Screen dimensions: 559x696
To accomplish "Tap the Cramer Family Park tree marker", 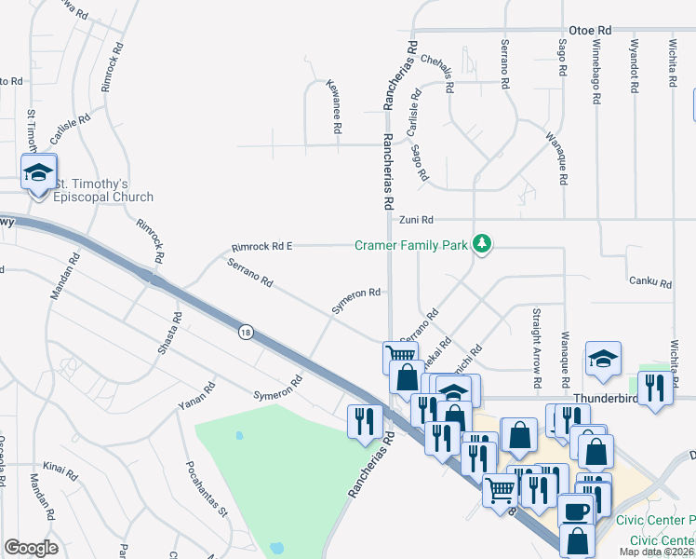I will tap(481, 244).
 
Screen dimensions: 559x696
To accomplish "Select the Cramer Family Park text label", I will tap(409, 246).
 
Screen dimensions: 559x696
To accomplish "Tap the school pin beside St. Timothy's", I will tap(39, 173).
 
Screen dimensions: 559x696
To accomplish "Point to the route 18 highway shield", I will tap(246, 333).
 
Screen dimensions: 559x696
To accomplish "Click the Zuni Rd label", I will tap(416, 220).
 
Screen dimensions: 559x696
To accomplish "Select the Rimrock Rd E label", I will tap(261, 247).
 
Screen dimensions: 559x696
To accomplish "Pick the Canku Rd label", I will tap(649, 281).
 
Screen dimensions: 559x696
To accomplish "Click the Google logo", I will tap(32, 548).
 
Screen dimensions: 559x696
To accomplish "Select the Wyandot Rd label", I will tap(633, 65).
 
